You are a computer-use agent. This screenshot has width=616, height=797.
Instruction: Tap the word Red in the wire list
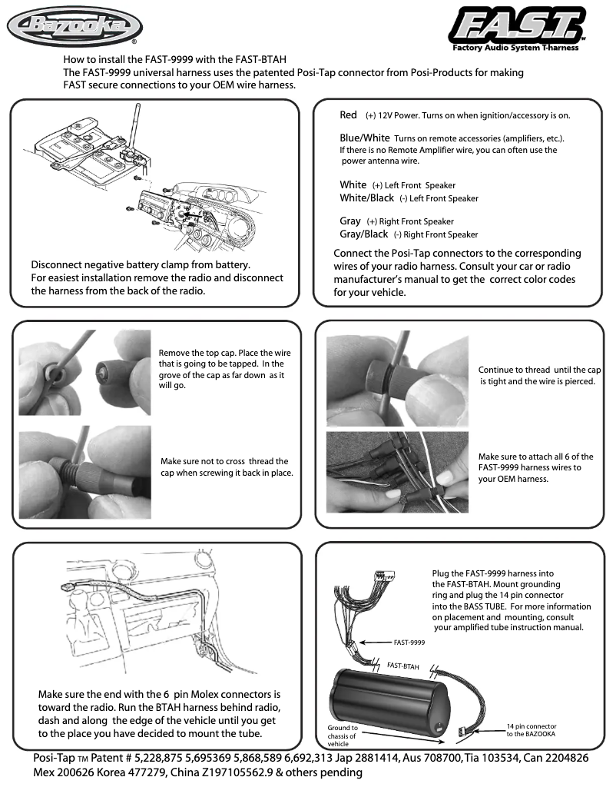[x=348, y=115]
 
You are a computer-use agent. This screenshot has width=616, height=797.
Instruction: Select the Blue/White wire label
[x=365, y=138]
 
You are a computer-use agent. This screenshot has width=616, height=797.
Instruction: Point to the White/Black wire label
[x=366, y=198]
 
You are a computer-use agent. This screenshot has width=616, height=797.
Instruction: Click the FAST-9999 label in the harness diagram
[x=409, y=641]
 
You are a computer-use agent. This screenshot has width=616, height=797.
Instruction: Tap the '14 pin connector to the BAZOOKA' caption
[x=532, y=730]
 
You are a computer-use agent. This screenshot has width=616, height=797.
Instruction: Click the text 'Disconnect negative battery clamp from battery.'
[x=141, y=265]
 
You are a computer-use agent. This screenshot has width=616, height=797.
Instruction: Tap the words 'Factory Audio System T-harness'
[x=515, y=48]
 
